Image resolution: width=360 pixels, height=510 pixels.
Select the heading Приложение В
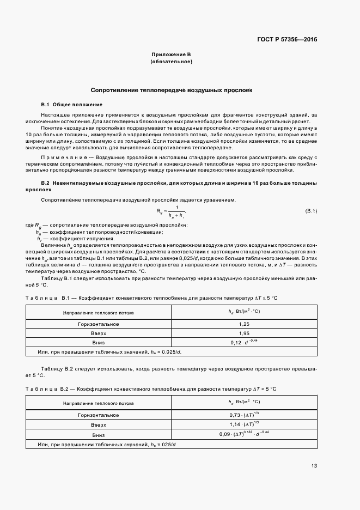(x=171, y=54)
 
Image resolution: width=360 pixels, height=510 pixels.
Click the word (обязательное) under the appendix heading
(x=171, y=62)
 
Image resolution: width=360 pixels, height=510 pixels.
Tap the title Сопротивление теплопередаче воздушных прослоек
(x=171, y=90)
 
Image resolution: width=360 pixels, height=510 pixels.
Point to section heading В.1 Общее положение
(x=71, y=104)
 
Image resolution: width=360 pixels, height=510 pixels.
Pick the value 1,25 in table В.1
(x=244, y=324)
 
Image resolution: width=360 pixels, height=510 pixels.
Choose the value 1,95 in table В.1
(x=244, y=332)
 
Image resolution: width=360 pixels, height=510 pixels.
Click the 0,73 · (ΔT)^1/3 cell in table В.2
(x=244, y=415)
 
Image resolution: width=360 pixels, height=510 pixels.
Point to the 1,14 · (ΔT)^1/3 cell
(x=244, y=424)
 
